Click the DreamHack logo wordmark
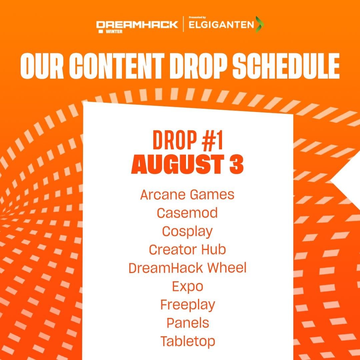click(x=137, y=25)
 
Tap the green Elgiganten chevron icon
click(x=260, y=24)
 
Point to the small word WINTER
click(x=114, y=31)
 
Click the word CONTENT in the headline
click(x=117, y=66)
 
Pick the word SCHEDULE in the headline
click(x=286, y=66)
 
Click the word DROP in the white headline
click(x=198, y=66)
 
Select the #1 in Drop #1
click(x=212, y=140)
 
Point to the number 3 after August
click(x=236, y=164)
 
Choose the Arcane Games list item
click(x=187, y=195)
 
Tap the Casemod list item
click(x=187, y=213)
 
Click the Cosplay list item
click(x=187, y=232)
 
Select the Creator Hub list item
click(x=187, y=250)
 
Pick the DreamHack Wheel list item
click(x=187, y=268)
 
